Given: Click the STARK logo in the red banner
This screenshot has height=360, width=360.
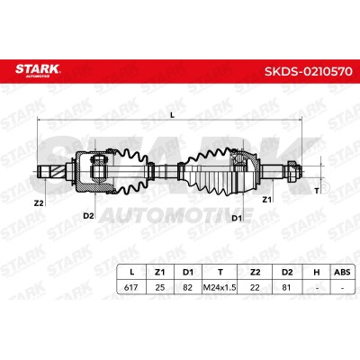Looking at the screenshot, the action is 38,69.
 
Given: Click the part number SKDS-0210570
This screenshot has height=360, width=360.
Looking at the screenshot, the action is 308,72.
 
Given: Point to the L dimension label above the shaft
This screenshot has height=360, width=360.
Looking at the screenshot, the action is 172,115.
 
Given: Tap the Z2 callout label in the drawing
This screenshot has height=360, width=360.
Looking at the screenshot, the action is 39,203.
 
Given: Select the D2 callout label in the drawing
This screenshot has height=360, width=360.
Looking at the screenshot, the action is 88,215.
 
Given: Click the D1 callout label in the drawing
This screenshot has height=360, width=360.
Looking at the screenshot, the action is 237,218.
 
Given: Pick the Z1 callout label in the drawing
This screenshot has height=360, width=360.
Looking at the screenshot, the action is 266,199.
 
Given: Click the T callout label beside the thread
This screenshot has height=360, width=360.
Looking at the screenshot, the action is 316,191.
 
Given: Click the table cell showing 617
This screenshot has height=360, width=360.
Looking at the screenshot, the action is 131,287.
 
